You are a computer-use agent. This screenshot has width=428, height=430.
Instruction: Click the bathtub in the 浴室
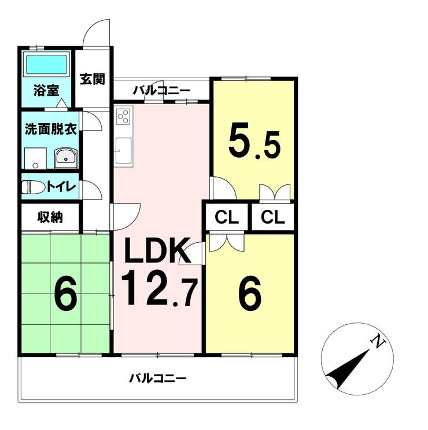[x=46, y=65]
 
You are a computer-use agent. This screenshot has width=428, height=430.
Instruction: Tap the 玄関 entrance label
[x=93, y=79]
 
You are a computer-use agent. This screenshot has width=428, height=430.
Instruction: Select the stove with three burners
[x=123, y=117]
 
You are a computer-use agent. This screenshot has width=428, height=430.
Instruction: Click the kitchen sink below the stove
[x=123, y=150]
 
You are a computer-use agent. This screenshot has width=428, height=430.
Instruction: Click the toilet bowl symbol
[x=34, y=187]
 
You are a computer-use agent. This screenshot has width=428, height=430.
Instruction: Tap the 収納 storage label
[x=50, y=217]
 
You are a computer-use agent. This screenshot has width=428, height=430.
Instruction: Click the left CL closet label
[x=227, y=217]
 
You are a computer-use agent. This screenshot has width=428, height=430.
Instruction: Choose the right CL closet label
[x=273, y=217]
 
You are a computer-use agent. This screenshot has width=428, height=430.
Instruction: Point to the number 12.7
[x=159, y=288]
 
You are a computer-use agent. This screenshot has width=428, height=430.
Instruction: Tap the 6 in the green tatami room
[x=65, y=292]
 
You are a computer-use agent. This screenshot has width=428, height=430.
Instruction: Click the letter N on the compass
[x=378, y=341]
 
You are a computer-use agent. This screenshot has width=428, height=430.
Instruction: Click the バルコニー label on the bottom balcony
[x=158, y=379]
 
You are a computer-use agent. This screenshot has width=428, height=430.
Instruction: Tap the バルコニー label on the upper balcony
[x=161, y=90]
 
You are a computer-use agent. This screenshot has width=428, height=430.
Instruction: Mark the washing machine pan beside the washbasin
[x=35, y=158]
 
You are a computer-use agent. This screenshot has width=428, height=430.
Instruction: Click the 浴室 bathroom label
[x=46, y=90]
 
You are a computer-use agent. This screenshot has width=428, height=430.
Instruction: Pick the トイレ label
[x=61, y=187]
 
